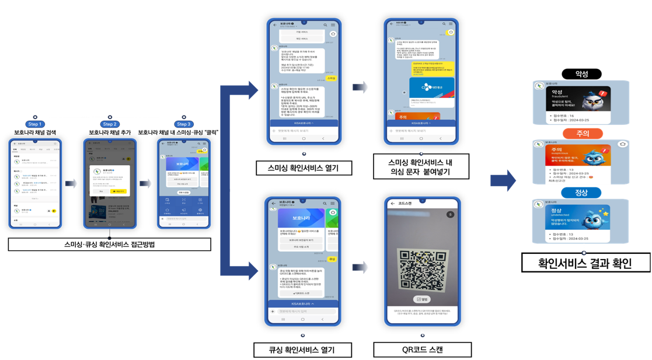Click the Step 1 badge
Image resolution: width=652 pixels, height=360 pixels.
pyautogui.click(x=34, y=124)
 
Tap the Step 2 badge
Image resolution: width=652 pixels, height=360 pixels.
pyautogui.click(x=110, y=124)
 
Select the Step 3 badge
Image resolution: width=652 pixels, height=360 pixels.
pyautogui.click(x=184, y=124)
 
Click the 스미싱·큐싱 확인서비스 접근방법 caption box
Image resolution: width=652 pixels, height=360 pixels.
pyautogui.click(x=109, y=244)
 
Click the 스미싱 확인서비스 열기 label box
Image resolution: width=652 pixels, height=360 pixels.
pyautogui.click(x=304, y=169)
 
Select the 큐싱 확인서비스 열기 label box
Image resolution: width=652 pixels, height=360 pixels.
pyautogui.click(x=302, y=350)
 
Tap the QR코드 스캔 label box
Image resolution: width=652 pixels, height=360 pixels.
pyautogui.click(x=423, y=350)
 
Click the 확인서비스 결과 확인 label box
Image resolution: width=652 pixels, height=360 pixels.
pyautogui.click(x=585, y=263)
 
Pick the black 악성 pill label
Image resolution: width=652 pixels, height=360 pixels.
pyautogui.click(x=581, y=74)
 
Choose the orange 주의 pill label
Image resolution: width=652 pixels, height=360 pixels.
pyautogui.click(x=582, y=134)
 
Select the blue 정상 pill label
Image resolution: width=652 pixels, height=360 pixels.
pyautogui.click(x=581, y=193)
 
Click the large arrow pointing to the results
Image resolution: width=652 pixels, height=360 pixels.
pyautogui.click(x=503, y=180)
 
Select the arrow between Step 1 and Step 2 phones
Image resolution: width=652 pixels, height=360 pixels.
pyautogui.click(x=71, y=183)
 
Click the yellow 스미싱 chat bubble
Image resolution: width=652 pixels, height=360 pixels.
pyautogui.click(x=331, y=78)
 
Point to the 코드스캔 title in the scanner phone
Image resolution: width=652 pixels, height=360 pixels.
pyautogui.click(x=405, y=204)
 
